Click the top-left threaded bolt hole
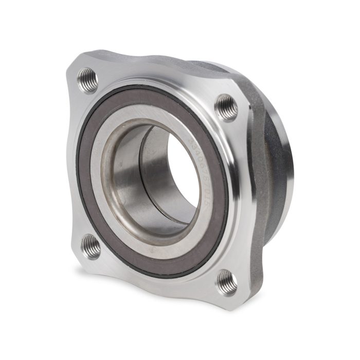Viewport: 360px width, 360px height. coord(87,80)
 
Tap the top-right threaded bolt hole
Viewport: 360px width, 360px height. coord(226,107)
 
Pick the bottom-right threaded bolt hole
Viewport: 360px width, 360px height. coord(227,282)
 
